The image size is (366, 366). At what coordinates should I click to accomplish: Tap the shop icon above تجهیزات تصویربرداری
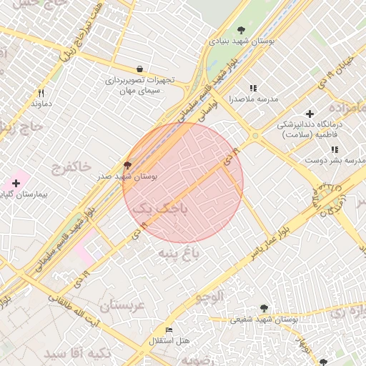tap(138, 69)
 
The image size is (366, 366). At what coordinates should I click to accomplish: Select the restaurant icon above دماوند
tap(41, 93)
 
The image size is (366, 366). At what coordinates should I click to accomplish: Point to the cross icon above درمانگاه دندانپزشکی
tap(310, 114)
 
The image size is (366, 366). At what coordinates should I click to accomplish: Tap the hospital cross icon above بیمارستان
tap(16, 184)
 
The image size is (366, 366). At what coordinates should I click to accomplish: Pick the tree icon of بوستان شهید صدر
tap(128, 164)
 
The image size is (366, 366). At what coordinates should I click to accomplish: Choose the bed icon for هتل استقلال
tap(169, 330)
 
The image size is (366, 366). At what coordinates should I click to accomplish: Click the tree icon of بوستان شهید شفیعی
tap(264, 308)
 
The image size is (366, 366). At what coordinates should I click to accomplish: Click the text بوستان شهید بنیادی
tap(242, 42)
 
